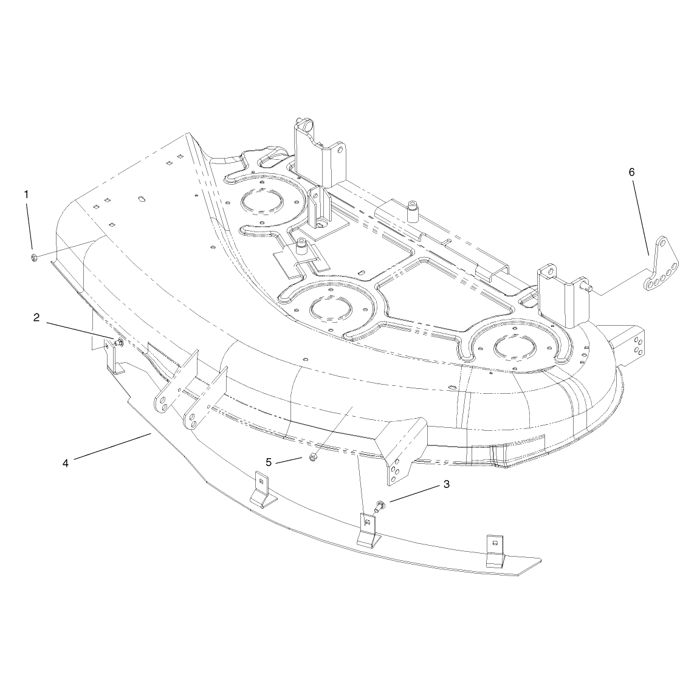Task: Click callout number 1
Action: click(x=27, y=194)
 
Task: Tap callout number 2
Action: click(x=36, y=317)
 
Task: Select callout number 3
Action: click(x=446, y=484)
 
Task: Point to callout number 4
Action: click(x=66, y=463)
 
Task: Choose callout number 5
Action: click(x=269, y=462)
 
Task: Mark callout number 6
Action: click(x=631, y=172)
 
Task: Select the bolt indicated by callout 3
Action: click(x=380, y=506)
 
